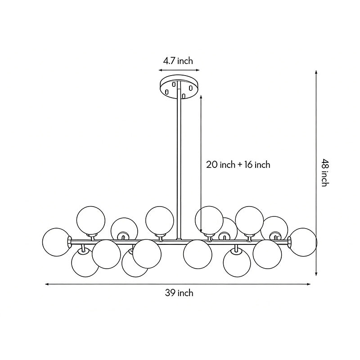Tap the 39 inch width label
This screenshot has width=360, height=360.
coord(179,293)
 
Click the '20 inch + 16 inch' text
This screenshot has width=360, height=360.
coord(238,165)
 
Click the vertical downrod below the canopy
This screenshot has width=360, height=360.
coord(180,162)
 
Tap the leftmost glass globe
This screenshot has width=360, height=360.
coord(57,242)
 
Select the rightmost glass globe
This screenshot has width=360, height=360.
coord(303,242)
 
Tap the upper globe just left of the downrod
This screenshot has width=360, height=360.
coord(160,220)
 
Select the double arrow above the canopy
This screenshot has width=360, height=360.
coord(179,70)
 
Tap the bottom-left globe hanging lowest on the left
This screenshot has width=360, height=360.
coord(85,263)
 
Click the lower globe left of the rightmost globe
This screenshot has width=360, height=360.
coord(267,254)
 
